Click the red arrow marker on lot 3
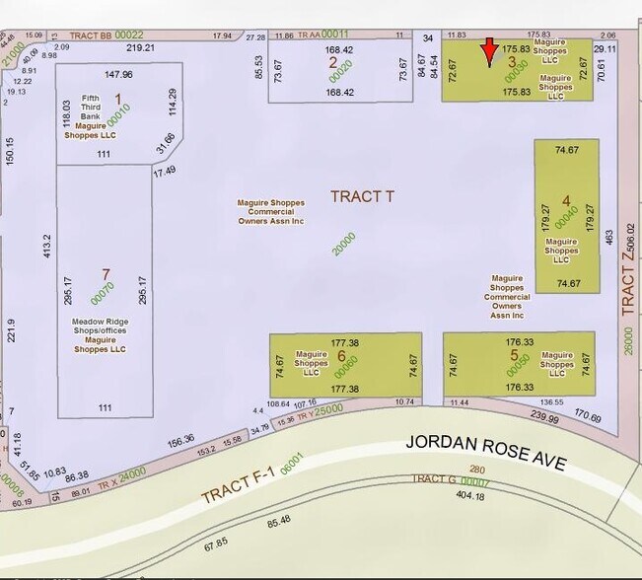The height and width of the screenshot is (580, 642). pos(489,51)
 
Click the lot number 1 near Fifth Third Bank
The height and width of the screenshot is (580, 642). pos(118,99)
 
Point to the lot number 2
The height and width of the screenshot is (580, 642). pos(332,62)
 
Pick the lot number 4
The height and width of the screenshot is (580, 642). pos(565,199)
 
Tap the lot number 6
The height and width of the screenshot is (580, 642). pos(340,356)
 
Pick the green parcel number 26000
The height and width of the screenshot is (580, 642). pos(627,341)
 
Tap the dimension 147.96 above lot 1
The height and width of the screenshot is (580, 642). pos(118,74)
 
